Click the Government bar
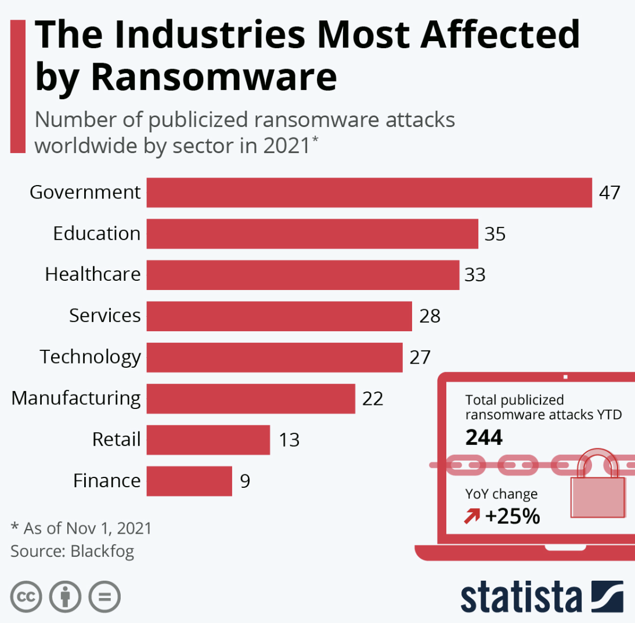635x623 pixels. (x=369, y=193)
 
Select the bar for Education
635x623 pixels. (x=312, y=234)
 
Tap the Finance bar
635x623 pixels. (x=189, y=481)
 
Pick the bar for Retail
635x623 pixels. (x=208, y=440)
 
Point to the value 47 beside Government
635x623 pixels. (x=610, y=193)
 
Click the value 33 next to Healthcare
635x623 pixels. (x=475, y=275)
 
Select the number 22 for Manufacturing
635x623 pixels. (x=373, y=399)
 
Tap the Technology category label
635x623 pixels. (x=90, y=357)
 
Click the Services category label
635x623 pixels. (x=104, y=316)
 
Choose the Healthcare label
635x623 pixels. (x=93, y=274)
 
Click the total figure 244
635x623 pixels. (x=484, y=437)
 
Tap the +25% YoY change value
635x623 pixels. (x=513, y=516)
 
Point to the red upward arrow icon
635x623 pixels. (x=472, y=516)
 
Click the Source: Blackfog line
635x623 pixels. (x=72, y=551)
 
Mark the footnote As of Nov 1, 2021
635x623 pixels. (x=81, y=528)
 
